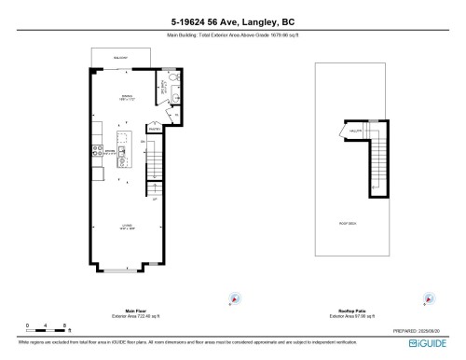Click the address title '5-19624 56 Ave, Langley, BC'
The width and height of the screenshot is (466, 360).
tap(232, 21)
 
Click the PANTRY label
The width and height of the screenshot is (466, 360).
tap(155, 131)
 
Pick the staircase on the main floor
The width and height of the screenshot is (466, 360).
tap(157, 171)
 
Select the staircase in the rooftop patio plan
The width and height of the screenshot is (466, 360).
tap(373, 168)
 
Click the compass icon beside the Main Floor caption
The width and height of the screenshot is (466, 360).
tap(235, 298)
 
